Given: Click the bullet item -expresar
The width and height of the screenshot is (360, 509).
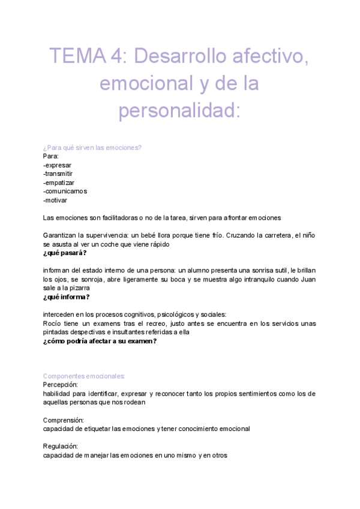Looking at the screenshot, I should [x=58, y=165].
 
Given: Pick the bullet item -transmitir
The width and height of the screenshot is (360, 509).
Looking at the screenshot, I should [x=58, y=174].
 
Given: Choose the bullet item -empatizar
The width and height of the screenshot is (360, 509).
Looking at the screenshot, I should [x=59, y=182].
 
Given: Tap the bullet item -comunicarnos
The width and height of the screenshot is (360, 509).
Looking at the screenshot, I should [x=65, y=191].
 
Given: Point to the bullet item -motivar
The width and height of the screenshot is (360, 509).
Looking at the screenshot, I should [x=55, y=200].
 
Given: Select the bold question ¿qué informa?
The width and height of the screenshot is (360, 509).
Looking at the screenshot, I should [x=67, y=297].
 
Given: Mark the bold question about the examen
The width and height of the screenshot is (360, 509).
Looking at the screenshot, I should [x=100, y=341].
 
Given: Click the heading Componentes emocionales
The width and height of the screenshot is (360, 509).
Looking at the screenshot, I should [x=84, y=376].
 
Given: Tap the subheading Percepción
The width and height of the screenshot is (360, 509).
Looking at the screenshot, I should [x=61, y=385].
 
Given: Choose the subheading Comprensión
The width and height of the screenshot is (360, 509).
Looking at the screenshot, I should [x=64, y=420].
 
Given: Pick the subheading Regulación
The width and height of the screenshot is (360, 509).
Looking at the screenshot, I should [x=61, y=447].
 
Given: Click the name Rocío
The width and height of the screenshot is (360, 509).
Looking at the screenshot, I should [x=53, y=324].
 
